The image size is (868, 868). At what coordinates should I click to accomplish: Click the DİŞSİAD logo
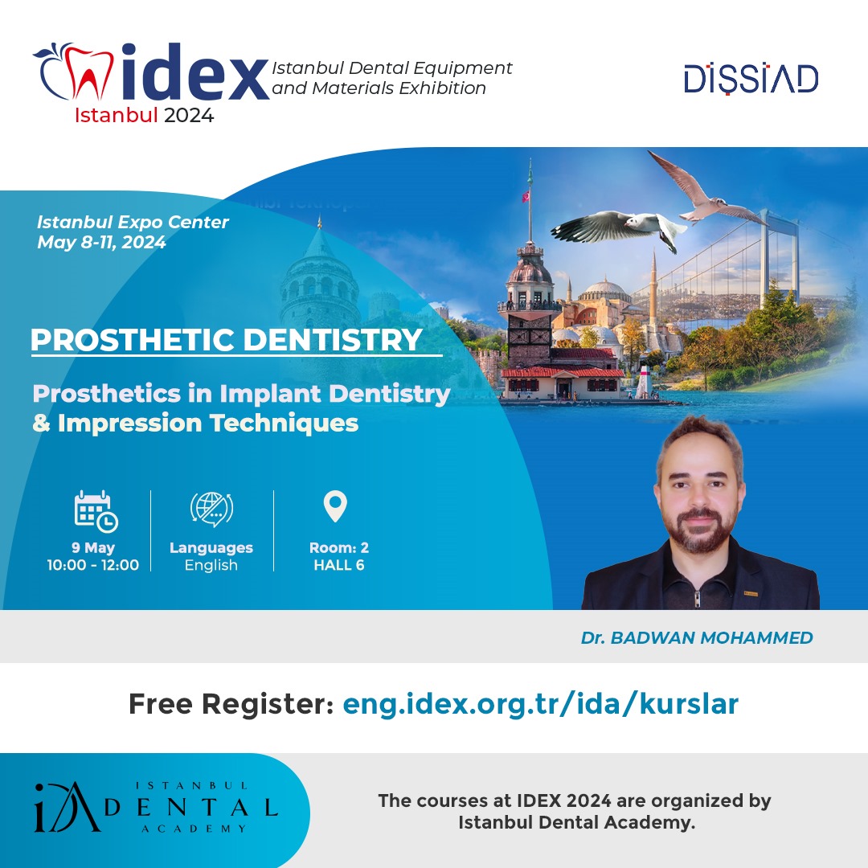(x=751, y=79)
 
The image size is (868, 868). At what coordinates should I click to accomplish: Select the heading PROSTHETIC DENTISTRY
(x=227, y=340)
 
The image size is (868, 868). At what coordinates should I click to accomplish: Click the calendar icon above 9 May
(x=96, y=511)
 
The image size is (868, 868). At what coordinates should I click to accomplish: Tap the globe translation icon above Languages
(x=211, y=509)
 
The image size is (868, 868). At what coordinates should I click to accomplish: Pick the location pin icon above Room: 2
(x=335, y=506)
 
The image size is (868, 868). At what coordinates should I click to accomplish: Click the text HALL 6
(x=339, y=565)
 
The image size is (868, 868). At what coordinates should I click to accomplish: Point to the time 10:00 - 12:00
(x=93, y=565)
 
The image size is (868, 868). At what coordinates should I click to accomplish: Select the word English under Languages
(x=211, y=565)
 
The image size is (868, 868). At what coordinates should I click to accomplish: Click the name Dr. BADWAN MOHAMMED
(x=696, y=637)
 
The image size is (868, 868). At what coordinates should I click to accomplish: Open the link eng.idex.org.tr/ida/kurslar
(x=540, y=704)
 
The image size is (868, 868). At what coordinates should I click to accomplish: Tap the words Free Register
(x=231, y=704)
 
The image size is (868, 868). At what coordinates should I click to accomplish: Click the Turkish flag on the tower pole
(x=526, y=195)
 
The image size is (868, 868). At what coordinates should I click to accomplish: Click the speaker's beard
(x=701, y=532)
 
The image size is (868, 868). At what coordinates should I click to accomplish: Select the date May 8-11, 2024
(x=101, y=243)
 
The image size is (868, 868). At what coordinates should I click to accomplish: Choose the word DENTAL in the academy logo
(x=191, y=808)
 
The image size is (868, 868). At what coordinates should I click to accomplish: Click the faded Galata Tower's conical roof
(x=319, y=244)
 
